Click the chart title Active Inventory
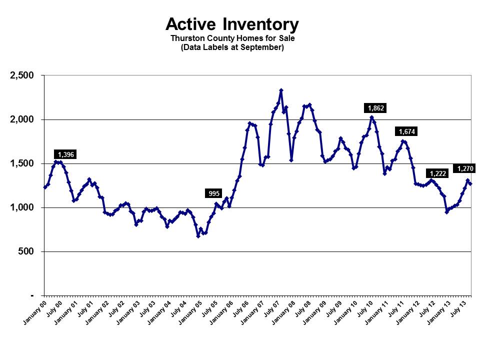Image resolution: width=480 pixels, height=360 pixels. pyautogui.click(x=232, y=24)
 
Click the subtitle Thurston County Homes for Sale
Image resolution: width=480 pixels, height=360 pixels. pyautogui.click(x=232, y=38)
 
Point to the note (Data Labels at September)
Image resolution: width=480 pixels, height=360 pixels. pyautogui.click(x=232, y=47)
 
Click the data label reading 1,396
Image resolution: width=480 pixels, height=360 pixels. pyautogui.click(x=66, y=155)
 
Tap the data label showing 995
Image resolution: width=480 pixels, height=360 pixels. pyautogui.click(x=214, y=193)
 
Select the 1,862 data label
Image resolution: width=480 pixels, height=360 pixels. pyautogui.click(x=375, y=108)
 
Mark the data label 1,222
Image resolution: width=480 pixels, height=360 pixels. pyautogui.click(x=436, y=173)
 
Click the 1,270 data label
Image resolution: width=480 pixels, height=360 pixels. pyautogui.click(x=465, y=168)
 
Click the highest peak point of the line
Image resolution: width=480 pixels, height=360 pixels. pyautogui.click(x=281, y=90)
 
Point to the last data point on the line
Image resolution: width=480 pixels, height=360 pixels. pyautogui.click(x=470, y=183)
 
